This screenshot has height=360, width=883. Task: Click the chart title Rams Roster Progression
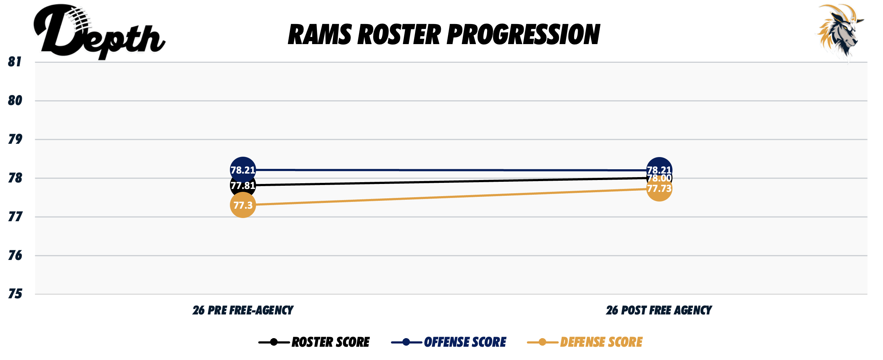coord(444,35)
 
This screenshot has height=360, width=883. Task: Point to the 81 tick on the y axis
coord(15,62)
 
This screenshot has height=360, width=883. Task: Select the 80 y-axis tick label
coord(15,101)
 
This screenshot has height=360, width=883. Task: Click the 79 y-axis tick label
coord(15,139)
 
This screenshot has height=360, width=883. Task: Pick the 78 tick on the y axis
coord(15,178)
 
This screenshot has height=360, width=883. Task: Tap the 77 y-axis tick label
coord(15,217)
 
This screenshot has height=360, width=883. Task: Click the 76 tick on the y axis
coord(15,255)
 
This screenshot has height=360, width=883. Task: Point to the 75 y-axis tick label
coord(15,294)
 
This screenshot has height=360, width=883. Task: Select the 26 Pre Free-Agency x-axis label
coord(243,310)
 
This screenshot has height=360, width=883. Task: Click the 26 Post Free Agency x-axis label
coord(659,310)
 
